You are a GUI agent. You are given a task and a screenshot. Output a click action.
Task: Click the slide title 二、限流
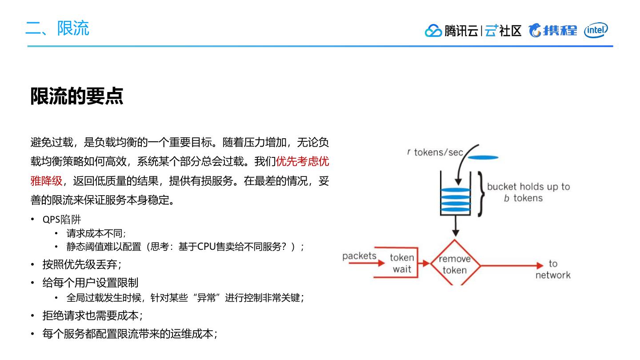(57, 28)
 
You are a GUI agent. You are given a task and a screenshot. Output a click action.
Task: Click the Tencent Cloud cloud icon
(433, 31)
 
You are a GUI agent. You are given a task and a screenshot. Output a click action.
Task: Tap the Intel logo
(596, 30)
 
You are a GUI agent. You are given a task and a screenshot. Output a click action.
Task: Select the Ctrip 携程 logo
(553, 31)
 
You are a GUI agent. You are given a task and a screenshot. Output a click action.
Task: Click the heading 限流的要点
(76, 96)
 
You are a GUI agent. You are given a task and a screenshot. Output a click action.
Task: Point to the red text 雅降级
(46, 181)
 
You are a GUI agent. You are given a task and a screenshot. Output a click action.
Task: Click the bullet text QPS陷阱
(62, 220)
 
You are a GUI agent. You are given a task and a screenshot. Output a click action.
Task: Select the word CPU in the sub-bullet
(206, 247)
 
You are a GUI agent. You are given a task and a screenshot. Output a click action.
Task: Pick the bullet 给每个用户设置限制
(90, 283)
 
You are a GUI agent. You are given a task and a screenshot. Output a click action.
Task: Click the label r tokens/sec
(435, 152)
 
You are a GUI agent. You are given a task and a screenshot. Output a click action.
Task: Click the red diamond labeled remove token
(455, 264)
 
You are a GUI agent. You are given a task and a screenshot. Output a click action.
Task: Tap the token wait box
(402, 263)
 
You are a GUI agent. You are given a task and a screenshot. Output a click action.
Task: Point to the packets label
(359, 256)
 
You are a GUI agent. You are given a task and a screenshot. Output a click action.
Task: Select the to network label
(552, 269)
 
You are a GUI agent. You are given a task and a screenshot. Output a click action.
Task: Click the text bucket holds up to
(528, 187)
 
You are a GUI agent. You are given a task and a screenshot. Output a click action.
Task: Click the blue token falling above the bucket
(483, 157)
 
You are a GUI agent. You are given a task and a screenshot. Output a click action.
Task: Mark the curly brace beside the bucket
(480, 194)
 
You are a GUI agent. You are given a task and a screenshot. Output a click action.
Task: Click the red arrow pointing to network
(511, 266)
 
